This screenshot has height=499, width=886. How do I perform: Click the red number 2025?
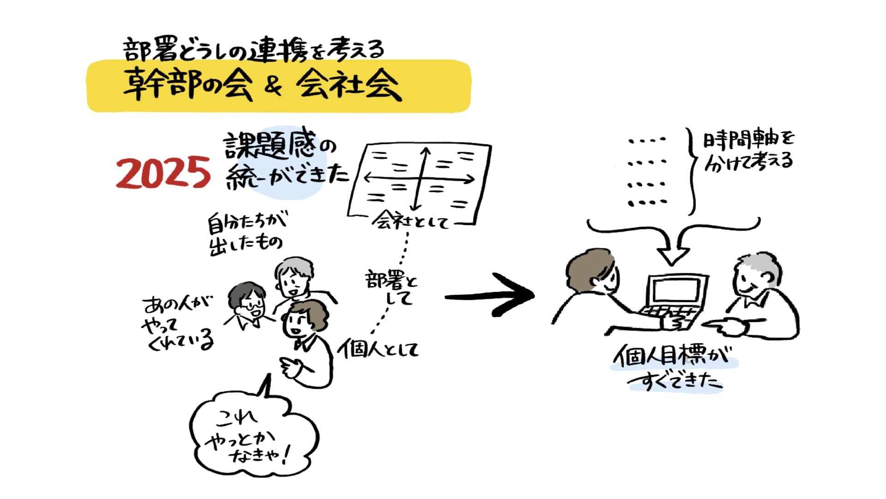point(163,173)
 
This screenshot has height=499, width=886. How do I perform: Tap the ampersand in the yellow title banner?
point(273,86)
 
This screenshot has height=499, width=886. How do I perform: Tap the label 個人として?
point(378,349)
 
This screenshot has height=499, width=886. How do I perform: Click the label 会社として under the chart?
point(411,222)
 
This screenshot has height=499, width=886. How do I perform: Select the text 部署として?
point(392,287)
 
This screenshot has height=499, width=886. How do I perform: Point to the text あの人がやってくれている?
point(178,323)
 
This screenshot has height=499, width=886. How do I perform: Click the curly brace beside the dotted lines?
point(692,171)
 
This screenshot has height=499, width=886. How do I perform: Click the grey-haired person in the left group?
point(293,277)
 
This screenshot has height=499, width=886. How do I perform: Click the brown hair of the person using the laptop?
point(588,268)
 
